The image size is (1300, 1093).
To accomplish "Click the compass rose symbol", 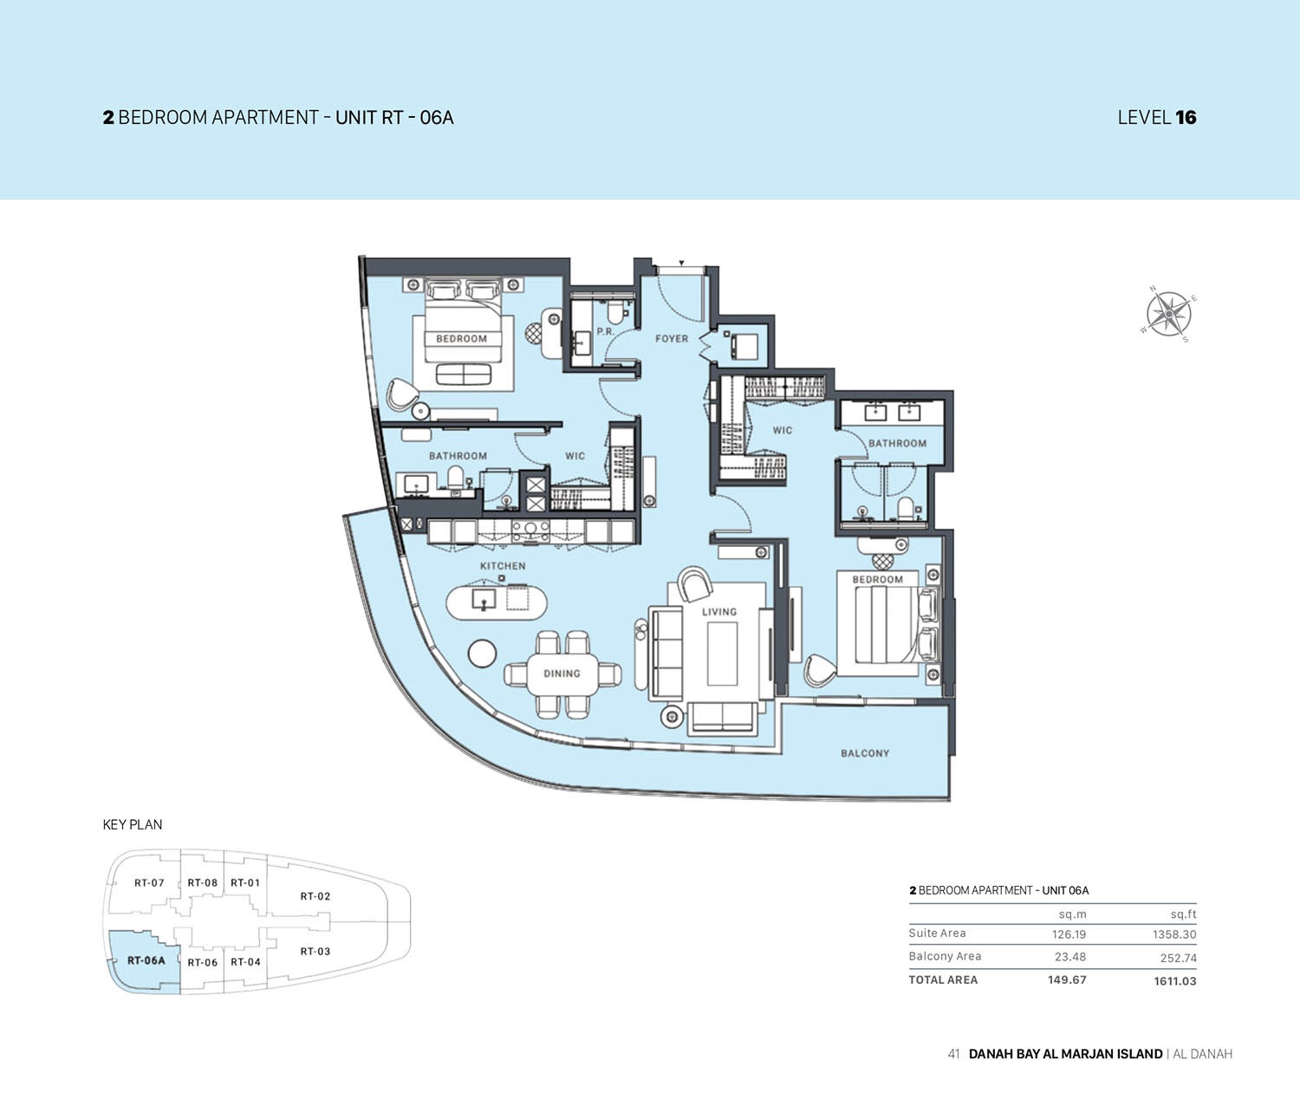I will coord(1169,313).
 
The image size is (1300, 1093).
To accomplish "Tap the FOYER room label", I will coord(672,339).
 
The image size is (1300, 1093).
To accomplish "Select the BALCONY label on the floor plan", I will coord(864,753).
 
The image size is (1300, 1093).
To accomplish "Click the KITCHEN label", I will coord(503,566).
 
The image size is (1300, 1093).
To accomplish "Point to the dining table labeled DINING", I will coord(562,673).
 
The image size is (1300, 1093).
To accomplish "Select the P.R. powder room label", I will coord(605,332).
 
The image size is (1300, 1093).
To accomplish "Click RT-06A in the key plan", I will coord(146,960).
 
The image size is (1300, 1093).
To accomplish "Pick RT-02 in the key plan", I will coord(315,896).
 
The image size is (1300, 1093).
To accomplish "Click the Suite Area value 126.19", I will coord(1069,934).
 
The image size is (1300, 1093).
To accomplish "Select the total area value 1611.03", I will coord(1174,981).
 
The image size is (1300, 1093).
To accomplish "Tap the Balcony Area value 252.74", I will coord(1178,958).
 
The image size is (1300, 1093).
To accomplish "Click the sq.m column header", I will coord(1072,914).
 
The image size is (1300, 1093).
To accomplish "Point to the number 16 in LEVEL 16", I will coord(1186,118).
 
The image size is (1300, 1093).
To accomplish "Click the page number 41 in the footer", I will coord(953,1054).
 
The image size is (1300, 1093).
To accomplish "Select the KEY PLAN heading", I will coord(133,824).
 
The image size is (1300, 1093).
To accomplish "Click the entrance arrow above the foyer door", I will coord(682,263).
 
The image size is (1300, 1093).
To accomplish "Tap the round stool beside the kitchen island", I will coord(483,654).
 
